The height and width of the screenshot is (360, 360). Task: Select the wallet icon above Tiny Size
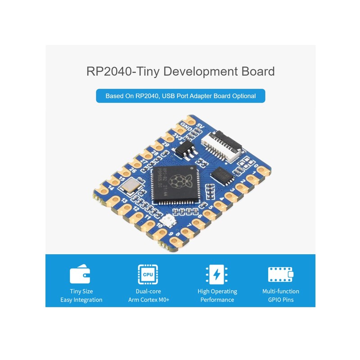(x=81, y=274)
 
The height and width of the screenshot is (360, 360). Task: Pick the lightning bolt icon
(x=217, y=274)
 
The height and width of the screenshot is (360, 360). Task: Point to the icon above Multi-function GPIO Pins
(x=280, y=274)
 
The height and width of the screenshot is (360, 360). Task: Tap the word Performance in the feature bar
(x=217, y=300)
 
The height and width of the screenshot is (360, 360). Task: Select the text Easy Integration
(x=81, y=300)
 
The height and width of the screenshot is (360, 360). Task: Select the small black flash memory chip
(x=223, y=174)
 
